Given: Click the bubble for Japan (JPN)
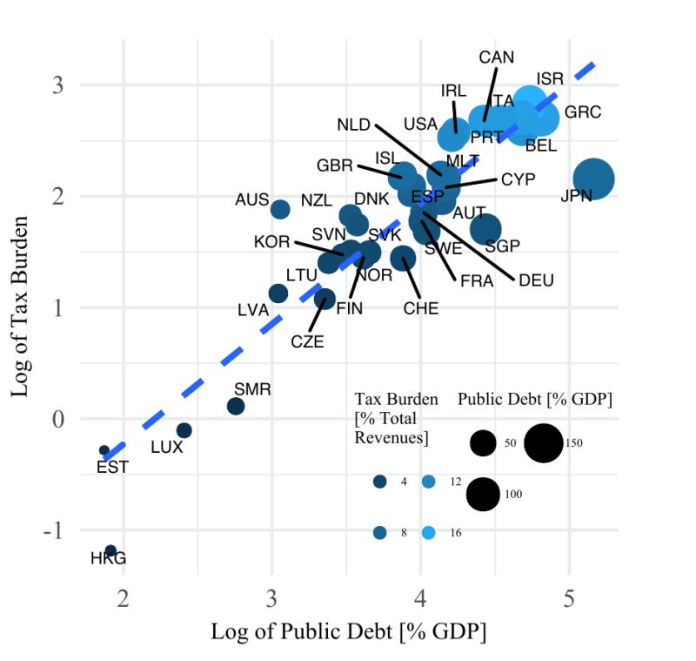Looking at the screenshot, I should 594,179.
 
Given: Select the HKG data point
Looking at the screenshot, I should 110,550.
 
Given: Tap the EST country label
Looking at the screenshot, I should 112,467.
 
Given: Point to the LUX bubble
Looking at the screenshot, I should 184,430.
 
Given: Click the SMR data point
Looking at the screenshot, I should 236,406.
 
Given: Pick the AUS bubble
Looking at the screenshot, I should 280,209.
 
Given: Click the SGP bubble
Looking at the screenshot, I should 485,228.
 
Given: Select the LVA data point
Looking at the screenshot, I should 278,293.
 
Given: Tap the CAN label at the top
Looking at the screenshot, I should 497,57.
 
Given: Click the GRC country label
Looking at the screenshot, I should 582,112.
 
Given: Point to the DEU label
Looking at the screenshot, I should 536,280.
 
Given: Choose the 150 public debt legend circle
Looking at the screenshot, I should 544,442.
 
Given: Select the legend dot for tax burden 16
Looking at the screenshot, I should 428,532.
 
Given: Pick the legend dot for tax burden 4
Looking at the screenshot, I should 379,482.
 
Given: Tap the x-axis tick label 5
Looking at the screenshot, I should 570,599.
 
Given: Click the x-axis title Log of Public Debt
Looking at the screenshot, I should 348,631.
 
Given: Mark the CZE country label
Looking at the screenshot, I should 307,341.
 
